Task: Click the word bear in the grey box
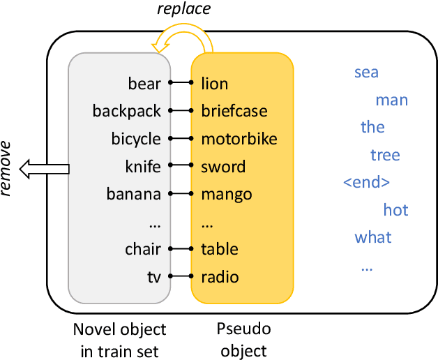coord(144,84)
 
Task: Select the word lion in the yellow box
coord(214,84)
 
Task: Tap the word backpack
coord(126,111)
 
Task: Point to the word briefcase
coord(234,111)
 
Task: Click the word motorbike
coord(239,139)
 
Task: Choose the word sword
coord(223,167)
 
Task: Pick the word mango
coord(226,194)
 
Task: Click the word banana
coord(133,194)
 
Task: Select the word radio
coord(220,277)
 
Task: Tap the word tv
coord(153,277)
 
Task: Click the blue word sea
coord(366,73)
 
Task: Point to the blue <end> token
coord(366,183)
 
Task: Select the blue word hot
coord(395,210)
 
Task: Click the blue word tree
coord(385,155)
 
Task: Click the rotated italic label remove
coord(6,168)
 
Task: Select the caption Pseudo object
coord(242,339)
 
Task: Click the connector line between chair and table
coord(181,249)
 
